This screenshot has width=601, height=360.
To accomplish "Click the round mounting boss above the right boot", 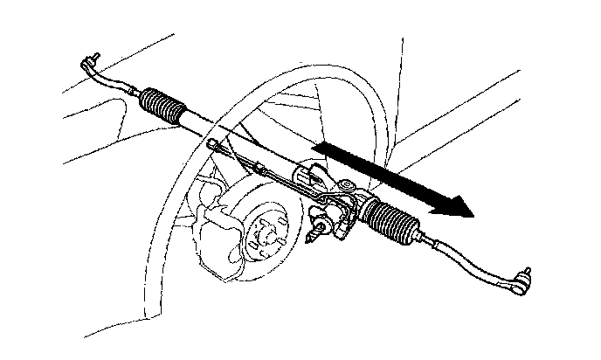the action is (347, 185).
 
